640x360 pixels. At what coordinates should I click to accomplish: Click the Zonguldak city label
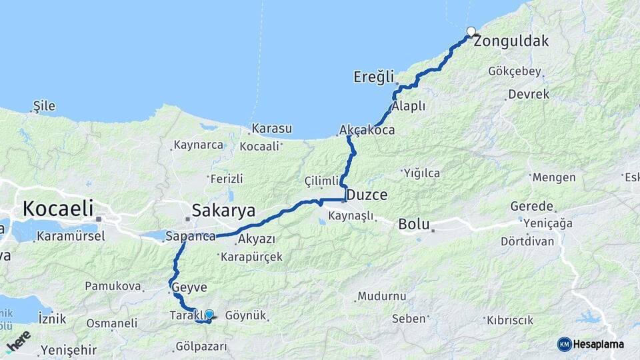(x=513, y=41)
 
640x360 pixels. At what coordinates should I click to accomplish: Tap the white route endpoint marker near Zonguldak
(x=471, y=31)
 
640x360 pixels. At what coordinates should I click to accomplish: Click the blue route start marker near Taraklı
(x=209, y=315)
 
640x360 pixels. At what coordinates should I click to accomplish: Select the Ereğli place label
(x=374, y=77)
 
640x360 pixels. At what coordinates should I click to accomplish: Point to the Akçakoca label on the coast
(x=367, y=130)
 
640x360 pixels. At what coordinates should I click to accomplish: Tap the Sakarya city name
(x=223, y=211)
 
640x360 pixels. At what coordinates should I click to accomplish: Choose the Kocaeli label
(x=57, y=208)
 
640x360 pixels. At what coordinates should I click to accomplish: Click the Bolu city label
(x=414, y=224)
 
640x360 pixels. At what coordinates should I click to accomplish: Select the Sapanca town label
(x=190, y=237)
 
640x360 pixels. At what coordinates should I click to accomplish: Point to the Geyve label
(x=190, y=288)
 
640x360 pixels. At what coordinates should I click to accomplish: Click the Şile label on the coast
(x=44, y=106)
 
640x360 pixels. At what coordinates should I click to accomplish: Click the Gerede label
(x=532, y=207)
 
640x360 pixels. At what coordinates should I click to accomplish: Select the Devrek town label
(x=529, y=95)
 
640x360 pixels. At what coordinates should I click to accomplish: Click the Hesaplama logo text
(x=600, y=344)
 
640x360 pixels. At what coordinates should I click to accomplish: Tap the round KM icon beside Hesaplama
(x=565, y=344)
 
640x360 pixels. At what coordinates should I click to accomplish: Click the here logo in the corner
(x=18, y=340)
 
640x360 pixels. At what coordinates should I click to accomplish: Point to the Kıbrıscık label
(x=511, y=320)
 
